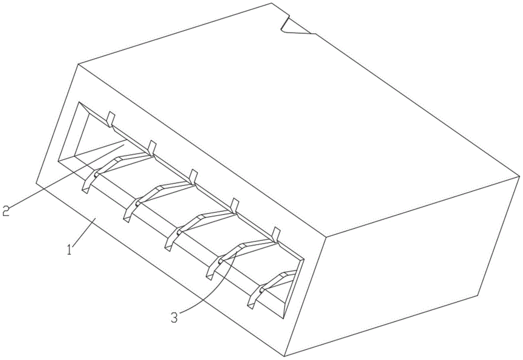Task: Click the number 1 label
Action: (x=70, y=250)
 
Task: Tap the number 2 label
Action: (x=6, y=210)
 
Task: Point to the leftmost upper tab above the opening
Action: (x=110, y=119)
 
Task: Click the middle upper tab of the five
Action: (x=194, y=176)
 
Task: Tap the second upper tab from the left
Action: (x=152, y=148)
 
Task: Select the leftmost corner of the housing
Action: (x=36, y=182)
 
